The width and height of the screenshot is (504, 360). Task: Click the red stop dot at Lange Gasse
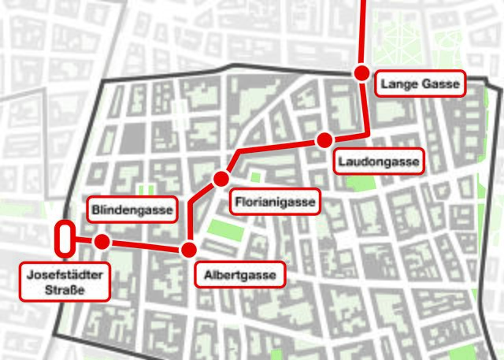361,73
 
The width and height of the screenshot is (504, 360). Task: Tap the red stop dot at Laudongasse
324,140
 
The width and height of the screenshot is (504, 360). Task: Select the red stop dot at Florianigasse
220,179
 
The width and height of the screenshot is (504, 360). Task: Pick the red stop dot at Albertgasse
189,250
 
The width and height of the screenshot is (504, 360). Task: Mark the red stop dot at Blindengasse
101,241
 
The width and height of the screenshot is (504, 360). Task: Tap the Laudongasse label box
379,162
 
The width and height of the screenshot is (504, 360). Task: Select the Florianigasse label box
275,202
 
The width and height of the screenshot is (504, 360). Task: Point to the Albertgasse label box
239,276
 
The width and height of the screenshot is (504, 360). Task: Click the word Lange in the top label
398,83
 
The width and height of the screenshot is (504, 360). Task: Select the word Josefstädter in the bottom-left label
65,276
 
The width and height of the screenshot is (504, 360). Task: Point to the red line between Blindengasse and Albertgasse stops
146,245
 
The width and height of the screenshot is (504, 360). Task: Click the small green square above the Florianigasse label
255,177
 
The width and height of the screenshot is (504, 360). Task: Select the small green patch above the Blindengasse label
146,189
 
